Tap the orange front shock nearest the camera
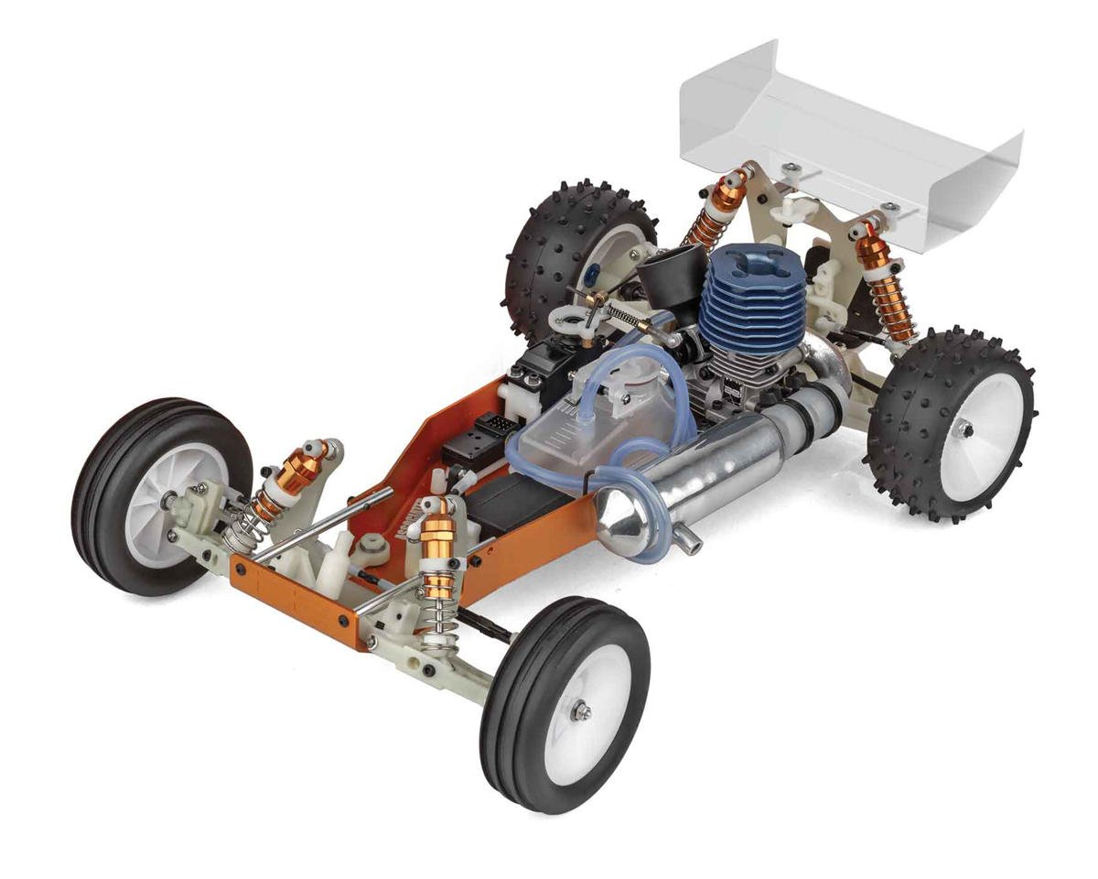click(439, 559)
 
